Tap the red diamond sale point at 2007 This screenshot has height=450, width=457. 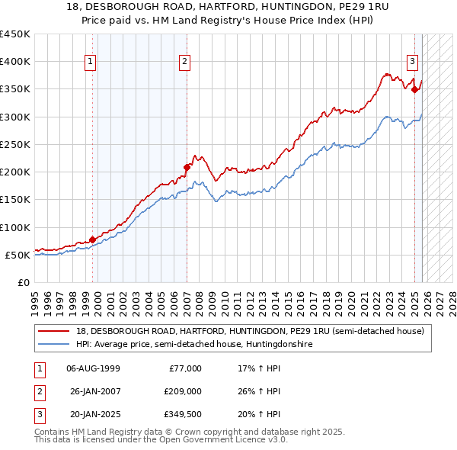coord(187,166)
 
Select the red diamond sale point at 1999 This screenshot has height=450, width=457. coord(92,239)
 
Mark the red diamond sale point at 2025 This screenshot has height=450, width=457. coord(415,89)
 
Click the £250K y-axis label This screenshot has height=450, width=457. coord(15,144)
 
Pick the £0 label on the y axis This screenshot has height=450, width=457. coord(23,282)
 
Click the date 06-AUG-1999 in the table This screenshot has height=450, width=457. coord(93,368)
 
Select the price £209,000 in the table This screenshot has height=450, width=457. coord(182,391)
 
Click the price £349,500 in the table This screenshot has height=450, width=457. coord(182,414)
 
